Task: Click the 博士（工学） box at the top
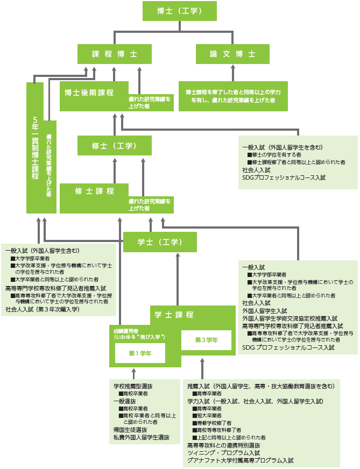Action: (x=179, y=11)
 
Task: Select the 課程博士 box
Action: (x=114, y=54)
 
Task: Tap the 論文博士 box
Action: (x=232, y=54)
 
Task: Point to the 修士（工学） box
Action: (x=114, y=146)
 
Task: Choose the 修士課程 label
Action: (x=94, y=191)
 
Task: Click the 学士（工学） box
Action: (x=160, y=241)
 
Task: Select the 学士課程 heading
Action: (x=174, y=315)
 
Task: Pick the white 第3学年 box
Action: (x=206, y=340)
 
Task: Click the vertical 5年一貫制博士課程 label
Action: (x=35, y=148)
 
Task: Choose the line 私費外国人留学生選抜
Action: (x=141, y=438)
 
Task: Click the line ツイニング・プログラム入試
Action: (x=223, y=453)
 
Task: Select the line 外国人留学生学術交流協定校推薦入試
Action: (x=290, y=318)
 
